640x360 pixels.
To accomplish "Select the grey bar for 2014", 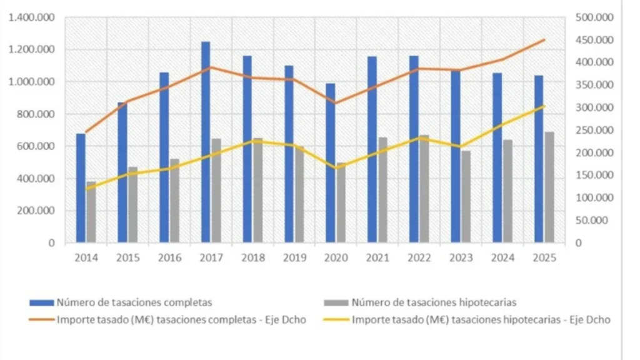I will coord(91,212).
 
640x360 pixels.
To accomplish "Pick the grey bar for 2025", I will coord(549,187).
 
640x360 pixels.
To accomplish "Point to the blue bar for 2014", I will coord(81,188).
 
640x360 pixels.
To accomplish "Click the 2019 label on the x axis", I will coord(294,257).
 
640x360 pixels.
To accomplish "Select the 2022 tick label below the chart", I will coord(419,257).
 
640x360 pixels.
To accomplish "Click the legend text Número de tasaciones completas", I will coord(134,302).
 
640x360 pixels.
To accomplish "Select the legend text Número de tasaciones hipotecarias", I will coord(434,302).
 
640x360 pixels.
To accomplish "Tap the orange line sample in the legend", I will coord(41,320).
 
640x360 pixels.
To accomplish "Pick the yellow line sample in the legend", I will coord(336,320).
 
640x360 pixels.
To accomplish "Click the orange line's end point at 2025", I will coord(544,40).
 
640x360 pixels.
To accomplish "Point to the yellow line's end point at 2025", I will coord(544,106).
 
